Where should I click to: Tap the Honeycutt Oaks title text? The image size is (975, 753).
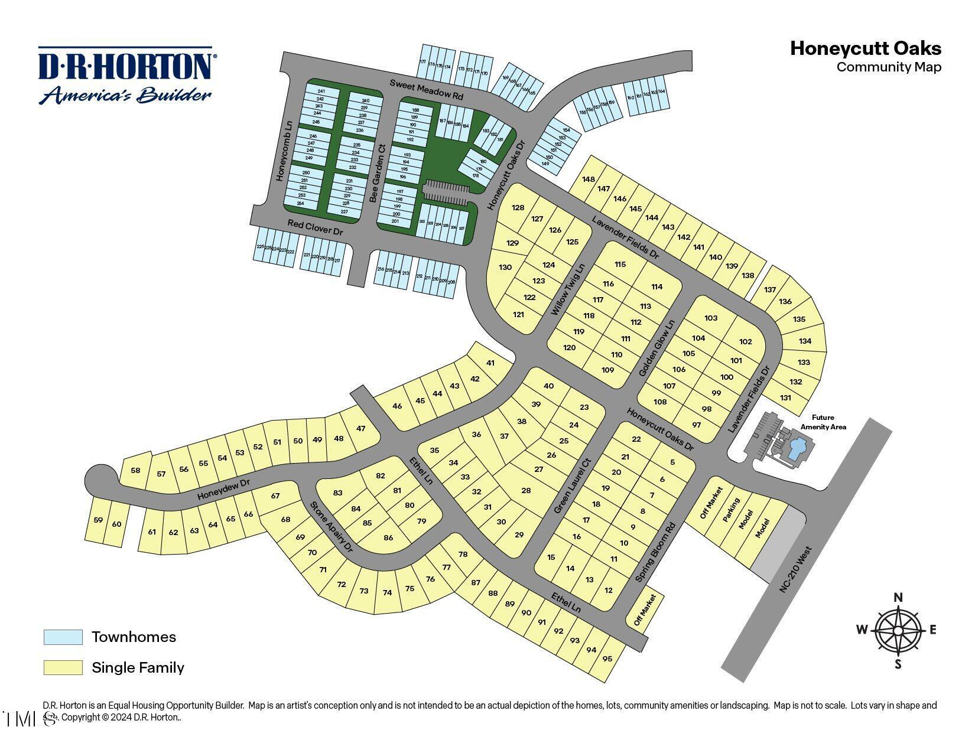pyautogui.click(x=865, y=48)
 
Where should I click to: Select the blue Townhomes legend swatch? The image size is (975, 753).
pyautogui.click(x=63, y=637)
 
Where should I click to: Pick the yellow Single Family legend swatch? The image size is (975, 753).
pyautogui.click(x=63, y=668)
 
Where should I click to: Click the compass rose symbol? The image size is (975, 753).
pyautogui.click(x=898, y=630)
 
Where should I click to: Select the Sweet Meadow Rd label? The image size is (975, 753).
pyautogui.click(x=426, y=89)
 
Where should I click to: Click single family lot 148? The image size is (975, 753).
pyautogui.click(x=588, y=179)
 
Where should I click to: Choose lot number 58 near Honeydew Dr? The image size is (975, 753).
pyautogui.click(x=136, y=471)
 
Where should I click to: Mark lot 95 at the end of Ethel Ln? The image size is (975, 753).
pyautogui.click(x=607, y=659)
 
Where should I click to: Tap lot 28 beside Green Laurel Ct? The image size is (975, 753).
pyautogui.click(x=526, y=491)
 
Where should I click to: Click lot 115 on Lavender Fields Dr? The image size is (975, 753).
pyautogui.click(x=620, y=264)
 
